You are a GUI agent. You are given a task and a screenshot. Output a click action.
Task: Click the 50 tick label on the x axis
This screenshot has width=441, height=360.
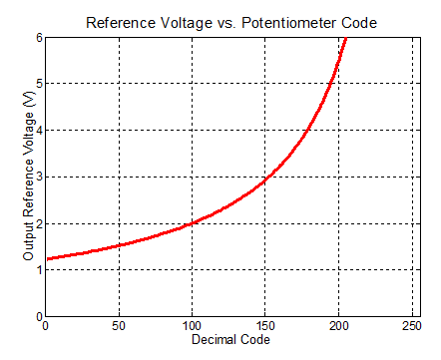[x=119, y=326]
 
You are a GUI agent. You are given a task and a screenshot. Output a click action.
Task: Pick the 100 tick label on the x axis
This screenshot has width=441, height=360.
[x=193, y=326]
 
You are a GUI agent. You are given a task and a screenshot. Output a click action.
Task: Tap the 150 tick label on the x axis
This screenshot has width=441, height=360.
[x=266, y=326]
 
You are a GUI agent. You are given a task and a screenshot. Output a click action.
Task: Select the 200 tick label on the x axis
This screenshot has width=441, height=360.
[x=340, y=326]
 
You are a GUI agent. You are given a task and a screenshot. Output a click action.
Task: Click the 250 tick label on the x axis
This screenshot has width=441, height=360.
[x=413, y=326]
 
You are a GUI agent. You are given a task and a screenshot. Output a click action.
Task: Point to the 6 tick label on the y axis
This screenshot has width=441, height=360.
[x=38, y=37]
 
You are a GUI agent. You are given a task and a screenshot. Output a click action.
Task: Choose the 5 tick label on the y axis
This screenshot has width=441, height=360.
[x=38, y=84]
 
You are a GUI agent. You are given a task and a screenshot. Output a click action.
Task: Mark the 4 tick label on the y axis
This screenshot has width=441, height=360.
[x=38, y=131]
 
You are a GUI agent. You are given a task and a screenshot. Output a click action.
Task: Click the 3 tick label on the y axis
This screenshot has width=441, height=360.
[x=38, y=178]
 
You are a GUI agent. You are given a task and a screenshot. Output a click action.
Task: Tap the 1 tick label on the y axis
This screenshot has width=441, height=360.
[x=38, y=270]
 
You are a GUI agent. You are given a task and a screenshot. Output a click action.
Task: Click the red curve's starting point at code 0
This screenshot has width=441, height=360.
[x=46, y=258]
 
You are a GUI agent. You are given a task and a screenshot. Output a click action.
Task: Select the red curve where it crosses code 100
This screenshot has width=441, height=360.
[x=193, y=222]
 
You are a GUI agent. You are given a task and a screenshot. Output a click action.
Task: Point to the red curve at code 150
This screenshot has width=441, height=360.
[x=266, y=179]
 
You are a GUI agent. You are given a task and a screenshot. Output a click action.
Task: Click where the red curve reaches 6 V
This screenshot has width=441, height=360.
[x=346, y=38]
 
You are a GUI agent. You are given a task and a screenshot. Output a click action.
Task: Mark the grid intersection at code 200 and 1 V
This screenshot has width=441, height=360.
[x=340, y=269]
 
